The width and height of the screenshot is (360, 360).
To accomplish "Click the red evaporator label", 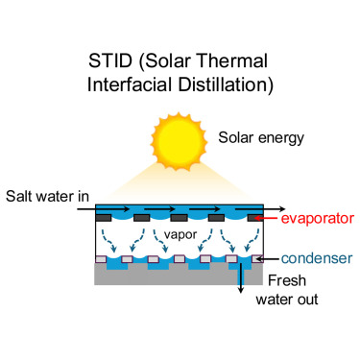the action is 319,219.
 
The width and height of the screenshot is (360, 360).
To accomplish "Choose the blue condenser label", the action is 319,258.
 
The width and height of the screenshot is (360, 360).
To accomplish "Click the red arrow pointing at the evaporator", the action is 273,219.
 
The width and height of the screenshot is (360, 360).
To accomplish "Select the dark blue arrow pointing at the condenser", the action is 270,258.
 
